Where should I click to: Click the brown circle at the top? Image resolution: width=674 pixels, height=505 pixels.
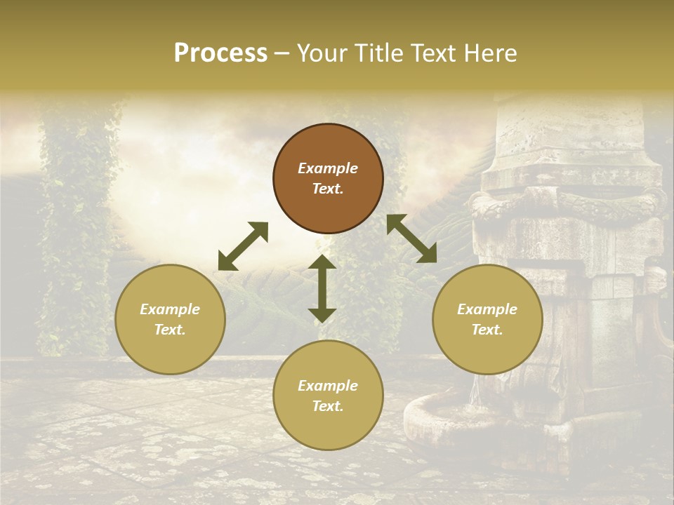[328, 178]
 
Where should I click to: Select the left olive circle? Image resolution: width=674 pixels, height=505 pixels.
[170, 319]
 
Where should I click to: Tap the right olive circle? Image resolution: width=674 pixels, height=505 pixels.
[487, 319]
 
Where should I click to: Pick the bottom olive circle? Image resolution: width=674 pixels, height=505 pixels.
[328, 396]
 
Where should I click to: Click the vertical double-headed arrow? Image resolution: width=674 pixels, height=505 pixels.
[322, 288]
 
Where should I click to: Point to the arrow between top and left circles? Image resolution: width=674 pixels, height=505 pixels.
[244, 246]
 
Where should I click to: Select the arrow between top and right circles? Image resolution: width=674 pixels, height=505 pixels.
[411, 238]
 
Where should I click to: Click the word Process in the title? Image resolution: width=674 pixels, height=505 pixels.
[220, 53]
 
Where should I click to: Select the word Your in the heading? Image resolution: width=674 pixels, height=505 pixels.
[319, 53]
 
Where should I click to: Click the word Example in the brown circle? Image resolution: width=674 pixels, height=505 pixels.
[328, 168]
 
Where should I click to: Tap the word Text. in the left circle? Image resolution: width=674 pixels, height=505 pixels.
[170, 330]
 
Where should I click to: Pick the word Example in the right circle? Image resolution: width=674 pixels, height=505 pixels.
[487, 309]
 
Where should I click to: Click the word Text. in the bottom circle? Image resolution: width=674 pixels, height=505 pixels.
[328, 406]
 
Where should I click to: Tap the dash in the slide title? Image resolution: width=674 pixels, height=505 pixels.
[282, 53]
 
